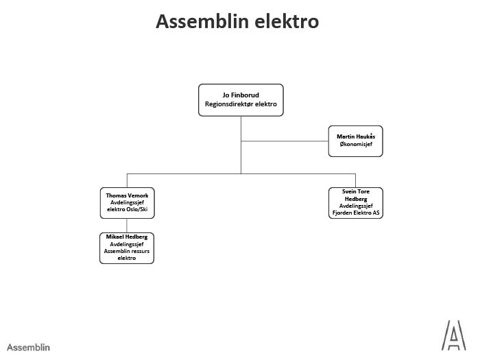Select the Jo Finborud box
(x=240, y=99)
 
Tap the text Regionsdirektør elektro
(x=240, y=105)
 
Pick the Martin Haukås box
(x=355, y=141)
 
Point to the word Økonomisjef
(x=355, y=145)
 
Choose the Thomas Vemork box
(x=126, y=202)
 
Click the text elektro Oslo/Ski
(x=126, y=210)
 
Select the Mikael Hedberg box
(x=126, y=248)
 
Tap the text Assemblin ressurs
(x=126, y=251)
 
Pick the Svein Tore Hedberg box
(x=355, y=202)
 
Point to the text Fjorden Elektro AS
(x=355, y=213)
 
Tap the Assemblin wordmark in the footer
(x=29, y=347)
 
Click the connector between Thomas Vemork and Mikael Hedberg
(x=126, y=225)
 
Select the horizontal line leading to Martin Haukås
(x=285, y=141)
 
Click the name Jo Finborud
(x=240, y=95)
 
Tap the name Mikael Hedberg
(x=126, y=237)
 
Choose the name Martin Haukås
(x=355, y=137)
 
